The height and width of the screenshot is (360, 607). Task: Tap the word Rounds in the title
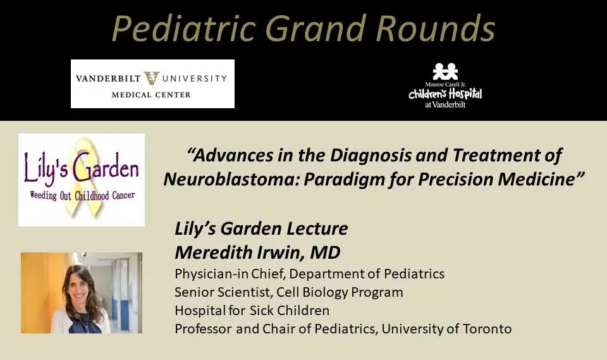pos(435,28)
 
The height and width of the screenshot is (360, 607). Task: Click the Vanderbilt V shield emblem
pos(151,78)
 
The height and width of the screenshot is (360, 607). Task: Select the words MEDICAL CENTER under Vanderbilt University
pos(151,94)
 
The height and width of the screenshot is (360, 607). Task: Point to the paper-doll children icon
pos(445,71)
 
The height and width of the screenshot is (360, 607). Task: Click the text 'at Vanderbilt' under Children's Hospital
pos(445,104)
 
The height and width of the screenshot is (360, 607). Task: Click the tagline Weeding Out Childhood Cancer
pos(82,196)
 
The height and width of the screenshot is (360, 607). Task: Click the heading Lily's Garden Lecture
pos(261,228)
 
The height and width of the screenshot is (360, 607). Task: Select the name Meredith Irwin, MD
pos(257,252)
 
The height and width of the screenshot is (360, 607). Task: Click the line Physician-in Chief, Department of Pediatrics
pos(309,274)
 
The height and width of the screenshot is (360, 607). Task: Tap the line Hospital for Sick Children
pos(252,311)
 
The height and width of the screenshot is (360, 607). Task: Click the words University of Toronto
pos(446,328)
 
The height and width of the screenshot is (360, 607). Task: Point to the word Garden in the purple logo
pos(106,168)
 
